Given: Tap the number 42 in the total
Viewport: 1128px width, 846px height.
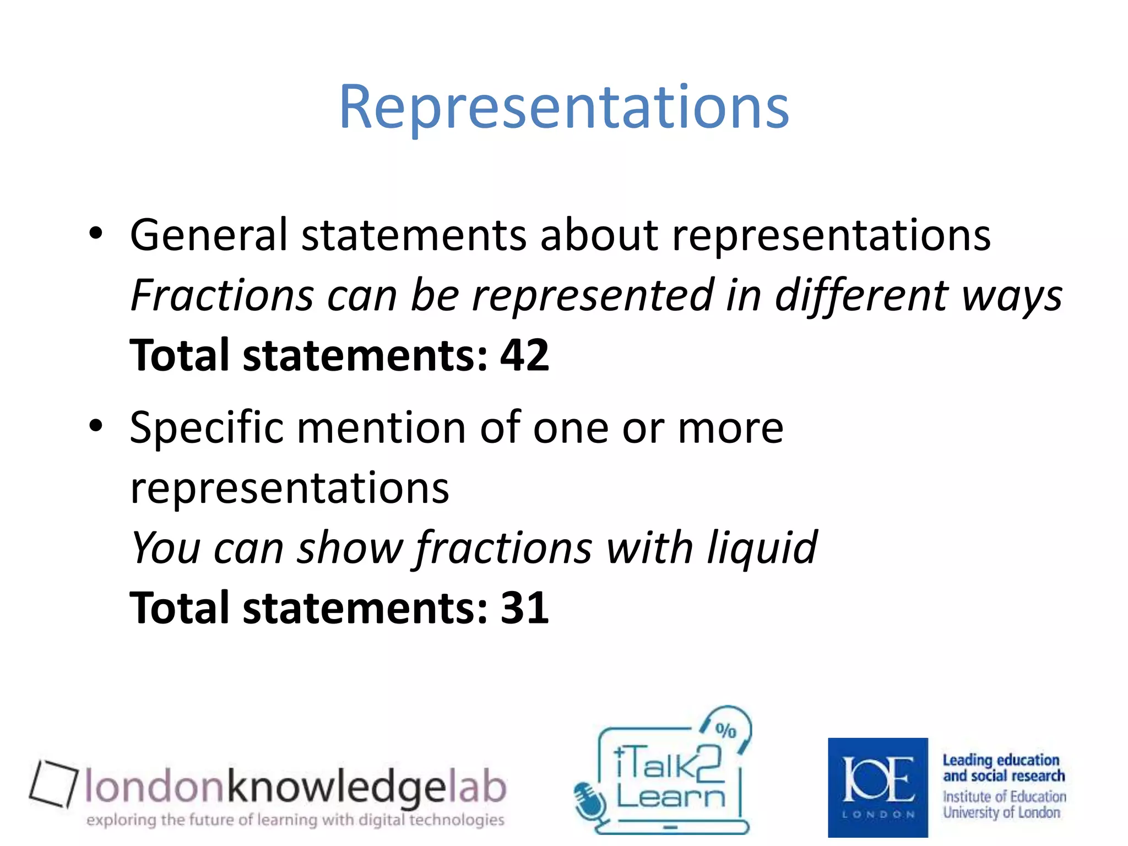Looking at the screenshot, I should tap(524, 355).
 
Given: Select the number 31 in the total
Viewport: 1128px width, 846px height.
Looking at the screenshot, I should tap(524, 608).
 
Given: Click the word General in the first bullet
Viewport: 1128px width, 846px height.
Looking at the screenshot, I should tap(209, 235).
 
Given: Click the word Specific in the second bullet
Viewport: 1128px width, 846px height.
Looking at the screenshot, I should tap(207, 428).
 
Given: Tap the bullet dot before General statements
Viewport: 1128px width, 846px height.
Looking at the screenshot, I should tap(96, 234).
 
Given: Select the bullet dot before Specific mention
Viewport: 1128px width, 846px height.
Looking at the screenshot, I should tap(96, 426).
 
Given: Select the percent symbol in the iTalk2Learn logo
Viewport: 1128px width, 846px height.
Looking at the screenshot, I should tap(725, 730).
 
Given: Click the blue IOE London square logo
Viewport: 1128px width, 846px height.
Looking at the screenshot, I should tap(877, 787).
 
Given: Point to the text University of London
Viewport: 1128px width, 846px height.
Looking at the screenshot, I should tap(1001, 813).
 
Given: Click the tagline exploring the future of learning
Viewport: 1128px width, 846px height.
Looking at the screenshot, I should tap(295, 820).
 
